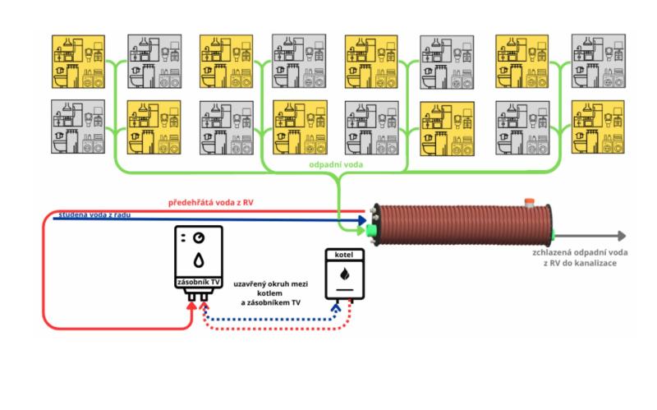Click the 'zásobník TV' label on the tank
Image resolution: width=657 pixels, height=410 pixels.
[x=199, y=282]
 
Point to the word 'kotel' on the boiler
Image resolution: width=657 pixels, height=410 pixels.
[x=344, y=256]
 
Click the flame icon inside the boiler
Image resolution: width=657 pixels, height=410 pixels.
[x=344, y=272]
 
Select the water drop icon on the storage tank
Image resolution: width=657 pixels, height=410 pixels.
[x=200, y=260]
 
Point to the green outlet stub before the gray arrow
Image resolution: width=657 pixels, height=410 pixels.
[x=555, y=233]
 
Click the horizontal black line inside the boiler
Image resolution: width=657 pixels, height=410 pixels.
[x=344, y=288]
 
